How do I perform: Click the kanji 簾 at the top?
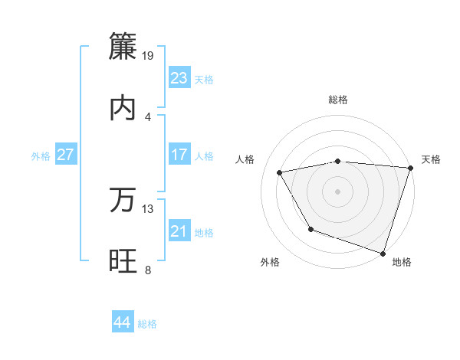123,46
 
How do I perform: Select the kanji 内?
123,108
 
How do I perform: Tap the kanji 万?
123,200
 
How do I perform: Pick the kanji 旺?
123,261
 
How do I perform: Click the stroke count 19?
149,55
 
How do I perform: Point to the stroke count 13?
149,208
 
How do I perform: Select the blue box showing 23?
179,78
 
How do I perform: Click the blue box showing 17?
179,155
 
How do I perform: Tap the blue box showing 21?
179,231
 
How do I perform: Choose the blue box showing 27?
66,155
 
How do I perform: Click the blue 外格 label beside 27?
41,156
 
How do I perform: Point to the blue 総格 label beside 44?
147,324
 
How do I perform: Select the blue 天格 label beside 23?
204,80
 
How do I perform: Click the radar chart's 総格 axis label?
338,100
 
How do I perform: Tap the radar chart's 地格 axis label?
402,263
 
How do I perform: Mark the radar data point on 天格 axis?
409,168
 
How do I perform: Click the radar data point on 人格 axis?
280,173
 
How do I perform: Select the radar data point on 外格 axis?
310,229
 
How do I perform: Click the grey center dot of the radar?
338,191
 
